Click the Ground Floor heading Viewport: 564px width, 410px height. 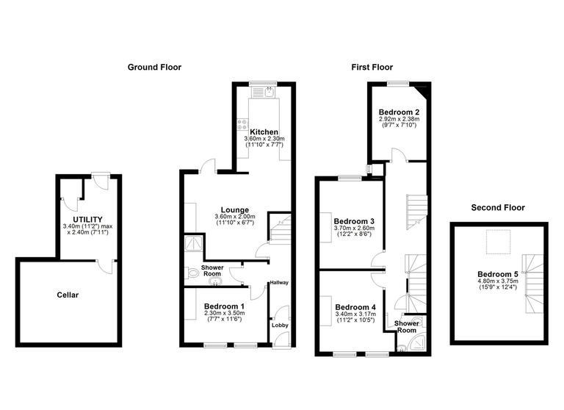pos(154,67)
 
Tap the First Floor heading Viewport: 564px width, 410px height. pos(372,67)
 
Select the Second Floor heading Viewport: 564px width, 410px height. pos(498,208)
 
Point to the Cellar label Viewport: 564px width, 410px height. pos(68,295)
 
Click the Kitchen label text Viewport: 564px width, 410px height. pos(264,132)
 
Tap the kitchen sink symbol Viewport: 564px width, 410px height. pos(269,93)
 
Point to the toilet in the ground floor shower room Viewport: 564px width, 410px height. pos(193,273)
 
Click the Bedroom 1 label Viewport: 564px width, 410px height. pos(224,306)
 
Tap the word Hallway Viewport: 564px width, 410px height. pos(279,282)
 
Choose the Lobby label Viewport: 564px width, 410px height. pos(280,325)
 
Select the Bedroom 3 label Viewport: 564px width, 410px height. pos(354,220)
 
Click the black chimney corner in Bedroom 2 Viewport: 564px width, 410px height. pos(423,91)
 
